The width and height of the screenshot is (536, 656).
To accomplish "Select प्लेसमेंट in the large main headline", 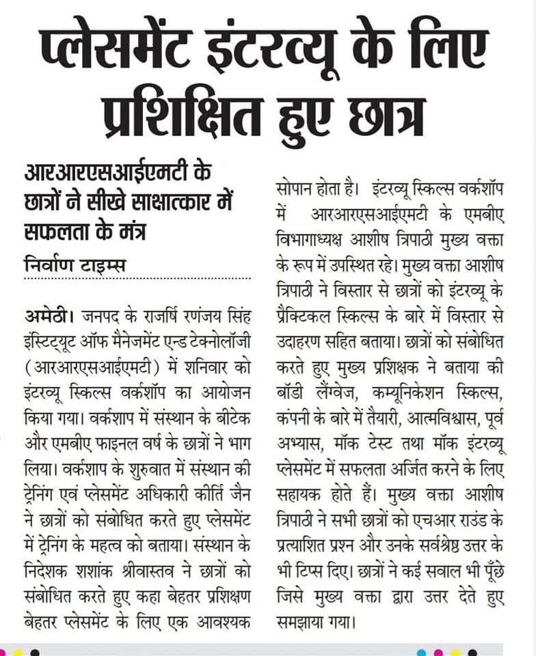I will coord(123,49).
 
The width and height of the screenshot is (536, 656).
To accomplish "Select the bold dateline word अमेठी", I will coord(46,315).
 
